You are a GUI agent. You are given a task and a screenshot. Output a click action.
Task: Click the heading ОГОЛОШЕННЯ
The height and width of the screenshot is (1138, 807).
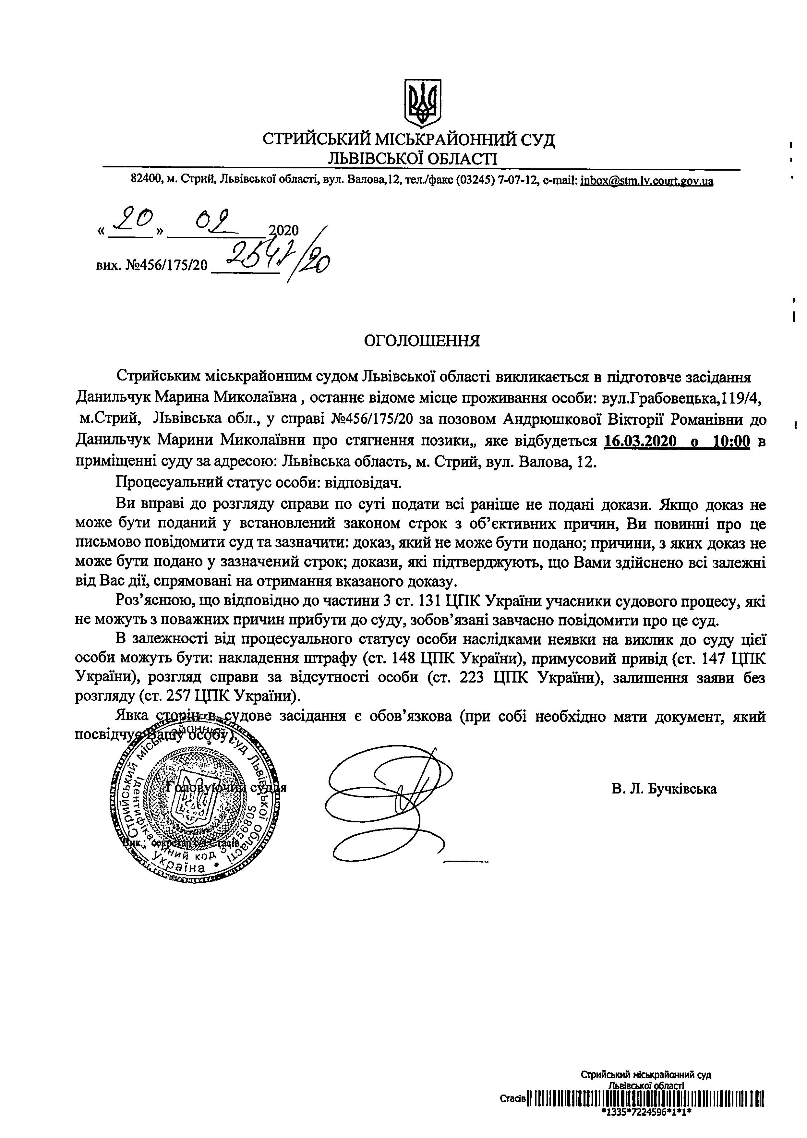(x=422, y=341)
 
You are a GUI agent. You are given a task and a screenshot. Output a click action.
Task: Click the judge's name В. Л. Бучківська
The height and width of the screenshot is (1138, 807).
(x=664, y=789)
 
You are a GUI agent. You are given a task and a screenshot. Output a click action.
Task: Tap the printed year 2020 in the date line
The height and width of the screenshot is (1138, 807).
(x=283, y=230)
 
